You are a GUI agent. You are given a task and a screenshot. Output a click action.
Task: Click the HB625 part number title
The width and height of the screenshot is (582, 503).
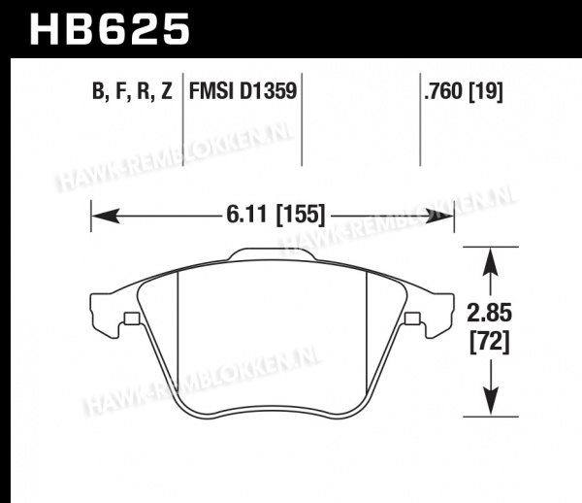tap(110, 29)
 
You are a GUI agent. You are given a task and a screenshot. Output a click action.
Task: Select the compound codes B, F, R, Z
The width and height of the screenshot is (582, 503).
tap(132, 91)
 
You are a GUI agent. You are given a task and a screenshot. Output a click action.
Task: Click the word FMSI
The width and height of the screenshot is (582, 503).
tap(211, 91)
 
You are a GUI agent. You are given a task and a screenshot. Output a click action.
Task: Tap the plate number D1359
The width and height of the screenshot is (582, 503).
tap(268, 91)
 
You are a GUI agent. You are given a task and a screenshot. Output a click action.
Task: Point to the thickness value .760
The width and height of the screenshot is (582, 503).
tap(444, 91)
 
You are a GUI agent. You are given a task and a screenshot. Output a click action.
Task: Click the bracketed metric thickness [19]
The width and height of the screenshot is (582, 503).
tap(486, 91)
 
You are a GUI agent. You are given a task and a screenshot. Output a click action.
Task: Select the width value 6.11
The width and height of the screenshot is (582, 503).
tap(246, 215)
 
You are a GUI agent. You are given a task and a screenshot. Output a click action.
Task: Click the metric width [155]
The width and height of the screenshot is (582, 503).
tap(301, 215)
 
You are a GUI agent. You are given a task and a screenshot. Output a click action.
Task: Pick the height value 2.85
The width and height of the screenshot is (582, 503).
tap(490, 313)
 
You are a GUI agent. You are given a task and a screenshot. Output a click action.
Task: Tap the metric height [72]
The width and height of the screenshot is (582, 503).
tap(490, 342)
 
